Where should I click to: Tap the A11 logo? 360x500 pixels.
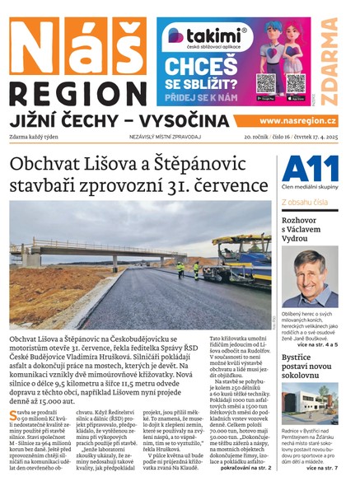tap(310, 168)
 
